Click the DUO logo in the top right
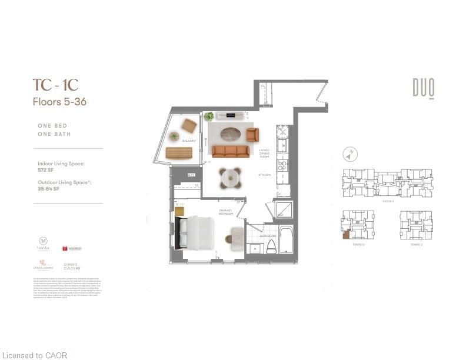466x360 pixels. click(423, 88)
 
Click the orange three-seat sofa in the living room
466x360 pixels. click(231, 151)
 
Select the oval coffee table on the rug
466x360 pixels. click(227, 132)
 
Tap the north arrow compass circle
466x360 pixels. click(350, 155)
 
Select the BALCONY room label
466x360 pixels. click(188, 141)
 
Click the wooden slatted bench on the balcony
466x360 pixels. click(179, 153)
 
